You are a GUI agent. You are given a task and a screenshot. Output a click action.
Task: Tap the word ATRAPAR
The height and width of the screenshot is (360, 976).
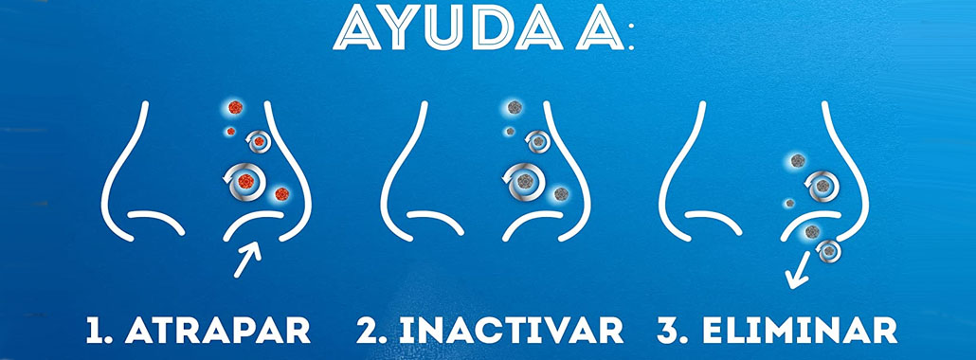pos(217,331)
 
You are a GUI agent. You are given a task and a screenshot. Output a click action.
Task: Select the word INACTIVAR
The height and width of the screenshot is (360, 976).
pos(512,331)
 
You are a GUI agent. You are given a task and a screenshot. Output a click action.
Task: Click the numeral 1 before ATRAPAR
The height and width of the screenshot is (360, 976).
pos(95,331)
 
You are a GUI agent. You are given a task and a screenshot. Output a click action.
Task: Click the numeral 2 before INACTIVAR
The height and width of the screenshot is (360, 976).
pos(368,331)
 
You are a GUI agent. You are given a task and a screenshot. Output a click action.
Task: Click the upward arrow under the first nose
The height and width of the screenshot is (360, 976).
pos(247,259)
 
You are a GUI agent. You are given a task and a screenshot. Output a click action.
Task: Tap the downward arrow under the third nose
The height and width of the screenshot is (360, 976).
pos(797,270)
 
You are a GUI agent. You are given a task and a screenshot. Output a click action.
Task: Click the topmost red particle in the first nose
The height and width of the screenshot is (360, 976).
pos(235,107)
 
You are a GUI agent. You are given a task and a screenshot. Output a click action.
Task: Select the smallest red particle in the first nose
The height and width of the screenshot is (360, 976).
pos(231,132)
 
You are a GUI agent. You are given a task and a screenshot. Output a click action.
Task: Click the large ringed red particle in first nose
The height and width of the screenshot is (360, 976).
pos(245,181)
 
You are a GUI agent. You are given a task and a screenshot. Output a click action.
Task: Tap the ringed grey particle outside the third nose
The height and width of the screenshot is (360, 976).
pos(830,251)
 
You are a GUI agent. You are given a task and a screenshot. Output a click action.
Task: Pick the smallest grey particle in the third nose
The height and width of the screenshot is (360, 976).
pos(789,203)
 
